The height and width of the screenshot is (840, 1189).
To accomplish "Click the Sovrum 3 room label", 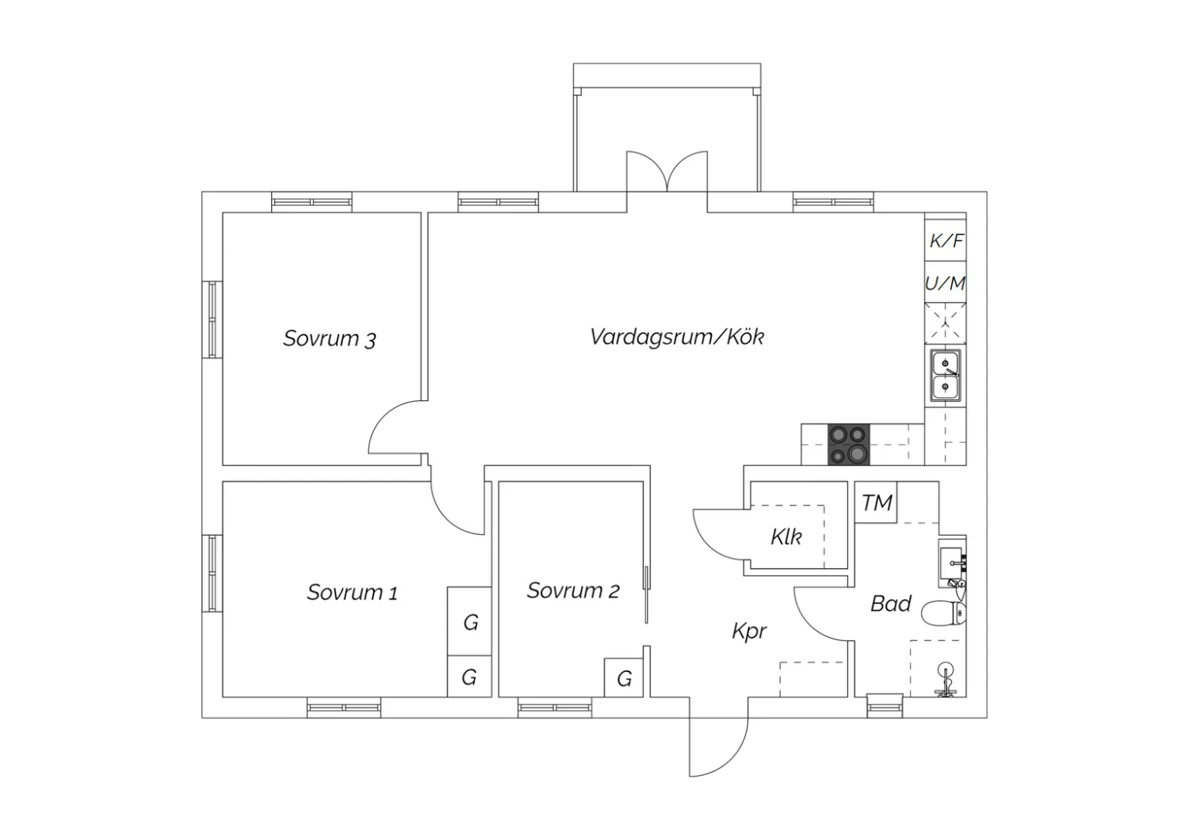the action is click(x=330, y=338).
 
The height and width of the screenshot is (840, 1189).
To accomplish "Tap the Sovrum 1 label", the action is click(x=353, y=592).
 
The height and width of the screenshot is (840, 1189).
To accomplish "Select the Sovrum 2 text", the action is click(x=573, y=590).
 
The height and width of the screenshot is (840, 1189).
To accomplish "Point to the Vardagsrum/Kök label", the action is click(x=677, y=337).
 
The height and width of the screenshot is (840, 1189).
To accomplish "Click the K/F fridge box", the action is click(x=946, y=240).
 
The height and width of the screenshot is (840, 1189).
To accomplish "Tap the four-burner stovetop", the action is click(x=849, y=445).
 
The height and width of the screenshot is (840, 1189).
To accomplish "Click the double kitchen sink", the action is click(x=946, y=375).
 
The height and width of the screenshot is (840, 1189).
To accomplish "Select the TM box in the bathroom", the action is click(x=876, y=502).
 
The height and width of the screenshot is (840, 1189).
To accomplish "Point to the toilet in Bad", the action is click(x=944, y=614).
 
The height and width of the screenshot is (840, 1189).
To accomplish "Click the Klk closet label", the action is click(x=786, y=537).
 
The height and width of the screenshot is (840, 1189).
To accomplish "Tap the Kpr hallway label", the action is click(x=750, y=632).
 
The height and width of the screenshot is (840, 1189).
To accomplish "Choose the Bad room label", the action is click(x=891, y=604).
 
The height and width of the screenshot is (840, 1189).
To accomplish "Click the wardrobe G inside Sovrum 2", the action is click(x=625, y=678).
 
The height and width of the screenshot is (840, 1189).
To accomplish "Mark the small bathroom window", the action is click(x=885, y=706).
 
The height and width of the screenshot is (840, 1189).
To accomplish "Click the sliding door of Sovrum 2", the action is click(x=646, y=594).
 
